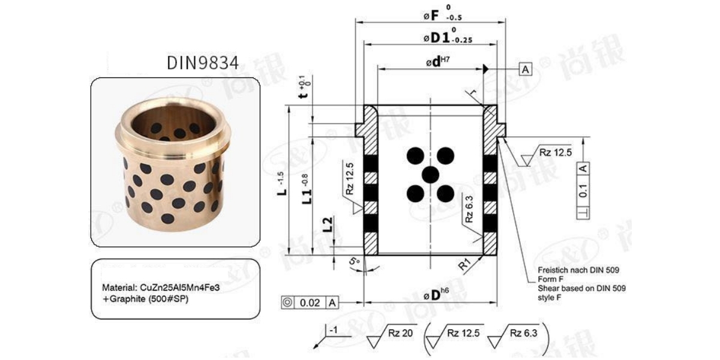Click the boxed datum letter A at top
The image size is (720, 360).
[526, 70]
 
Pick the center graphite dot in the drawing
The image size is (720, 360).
[430, 175]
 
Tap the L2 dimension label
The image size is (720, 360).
[328, 224]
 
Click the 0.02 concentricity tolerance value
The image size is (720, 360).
[310, 302]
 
